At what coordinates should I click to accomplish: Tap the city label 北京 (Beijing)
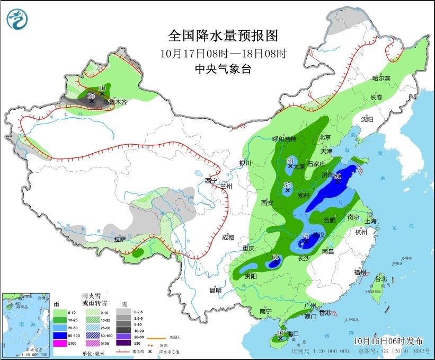click(325, 137)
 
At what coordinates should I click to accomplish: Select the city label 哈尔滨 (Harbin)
click(380, 78)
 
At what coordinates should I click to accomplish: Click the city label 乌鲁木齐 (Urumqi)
click(115, 101)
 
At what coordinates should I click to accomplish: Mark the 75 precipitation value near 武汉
click(305, 236)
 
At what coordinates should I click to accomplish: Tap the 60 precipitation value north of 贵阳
click(275, 258)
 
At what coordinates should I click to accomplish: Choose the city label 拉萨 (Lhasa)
click(120, 239)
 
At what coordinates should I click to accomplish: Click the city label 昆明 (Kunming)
click(215, 290)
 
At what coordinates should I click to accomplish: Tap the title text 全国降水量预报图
click(223, 36)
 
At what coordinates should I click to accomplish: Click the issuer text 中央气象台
click(223, 68)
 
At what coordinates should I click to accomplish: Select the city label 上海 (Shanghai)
click(370, 221)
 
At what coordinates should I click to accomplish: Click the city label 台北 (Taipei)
click(380, 278)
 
